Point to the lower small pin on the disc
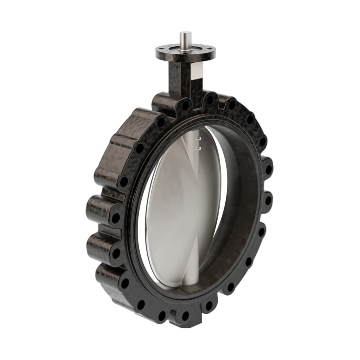point(199,148)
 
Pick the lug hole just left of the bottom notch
point(161,315)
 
